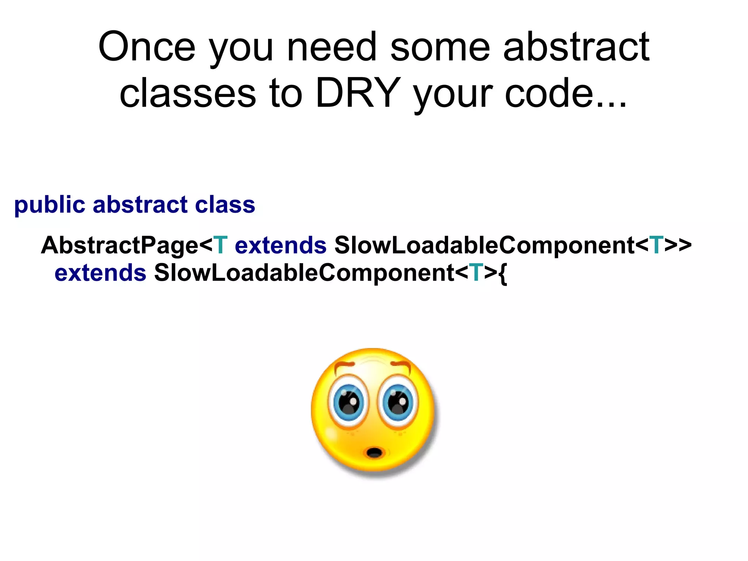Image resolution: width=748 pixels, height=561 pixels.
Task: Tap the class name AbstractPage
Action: tap(119, 246)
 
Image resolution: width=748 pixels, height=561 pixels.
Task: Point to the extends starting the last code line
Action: tap(100, 273)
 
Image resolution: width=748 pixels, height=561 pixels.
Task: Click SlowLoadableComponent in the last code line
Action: tap(304, 273)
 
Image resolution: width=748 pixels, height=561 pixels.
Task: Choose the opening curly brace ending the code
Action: tap(503, 274)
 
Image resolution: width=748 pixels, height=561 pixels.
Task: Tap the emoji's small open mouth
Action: tap(374, 453)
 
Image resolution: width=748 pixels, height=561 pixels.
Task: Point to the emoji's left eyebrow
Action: tap(344, 365)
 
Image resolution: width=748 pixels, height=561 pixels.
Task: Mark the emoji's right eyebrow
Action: tap(401, 364)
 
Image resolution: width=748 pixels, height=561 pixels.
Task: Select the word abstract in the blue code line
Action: tap(140, 204)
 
